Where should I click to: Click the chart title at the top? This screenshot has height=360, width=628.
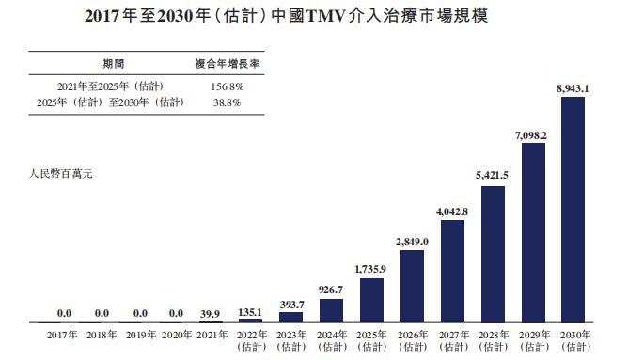pos(313,17)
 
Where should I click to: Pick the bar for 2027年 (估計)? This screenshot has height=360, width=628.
pos(452,272)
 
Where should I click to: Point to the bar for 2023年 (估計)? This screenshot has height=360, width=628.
pos(291,318)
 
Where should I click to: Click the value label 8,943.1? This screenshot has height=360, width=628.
pos(573,88)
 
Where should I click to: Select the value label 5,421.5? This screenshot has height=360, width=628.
pos(493,176)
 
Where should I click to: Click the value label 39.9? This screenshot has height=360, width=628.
pos(212,313)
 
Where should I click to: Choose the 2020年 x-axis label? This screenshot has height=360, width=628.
pos(176,335)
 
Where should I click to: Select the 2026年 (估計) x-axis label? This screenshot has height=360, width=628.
pos(412,340)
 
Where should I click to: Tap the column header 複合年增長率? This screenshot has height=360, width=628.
pos(227,63)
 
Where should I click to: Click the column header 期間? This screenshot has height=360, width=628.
pos(114,63)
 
